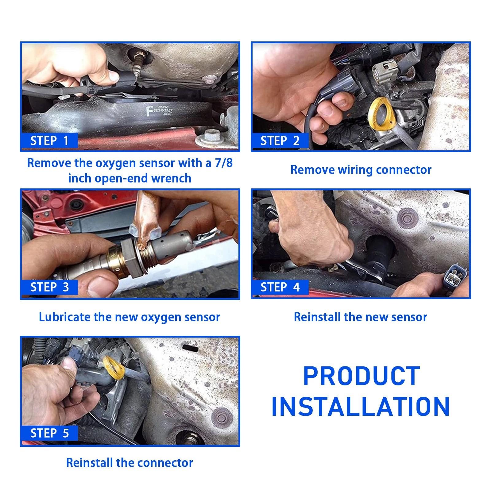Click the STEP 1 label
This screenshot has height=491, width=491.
[49, 141]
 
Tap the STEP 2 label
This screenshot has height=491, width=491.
[280, 141]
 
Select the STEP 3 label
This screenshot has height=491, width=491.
[49, 287]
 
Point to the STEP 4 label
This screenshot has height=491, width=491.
[280, 287]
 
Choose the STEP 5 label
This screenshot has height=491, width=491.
[49, 433]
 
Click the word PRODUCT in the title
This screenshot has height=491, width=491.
[361, 376]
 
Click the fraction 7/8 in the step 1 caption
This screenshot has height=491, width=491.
[223, 163]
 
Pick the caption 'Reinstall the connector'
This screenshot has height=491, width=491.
[130, 463]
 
